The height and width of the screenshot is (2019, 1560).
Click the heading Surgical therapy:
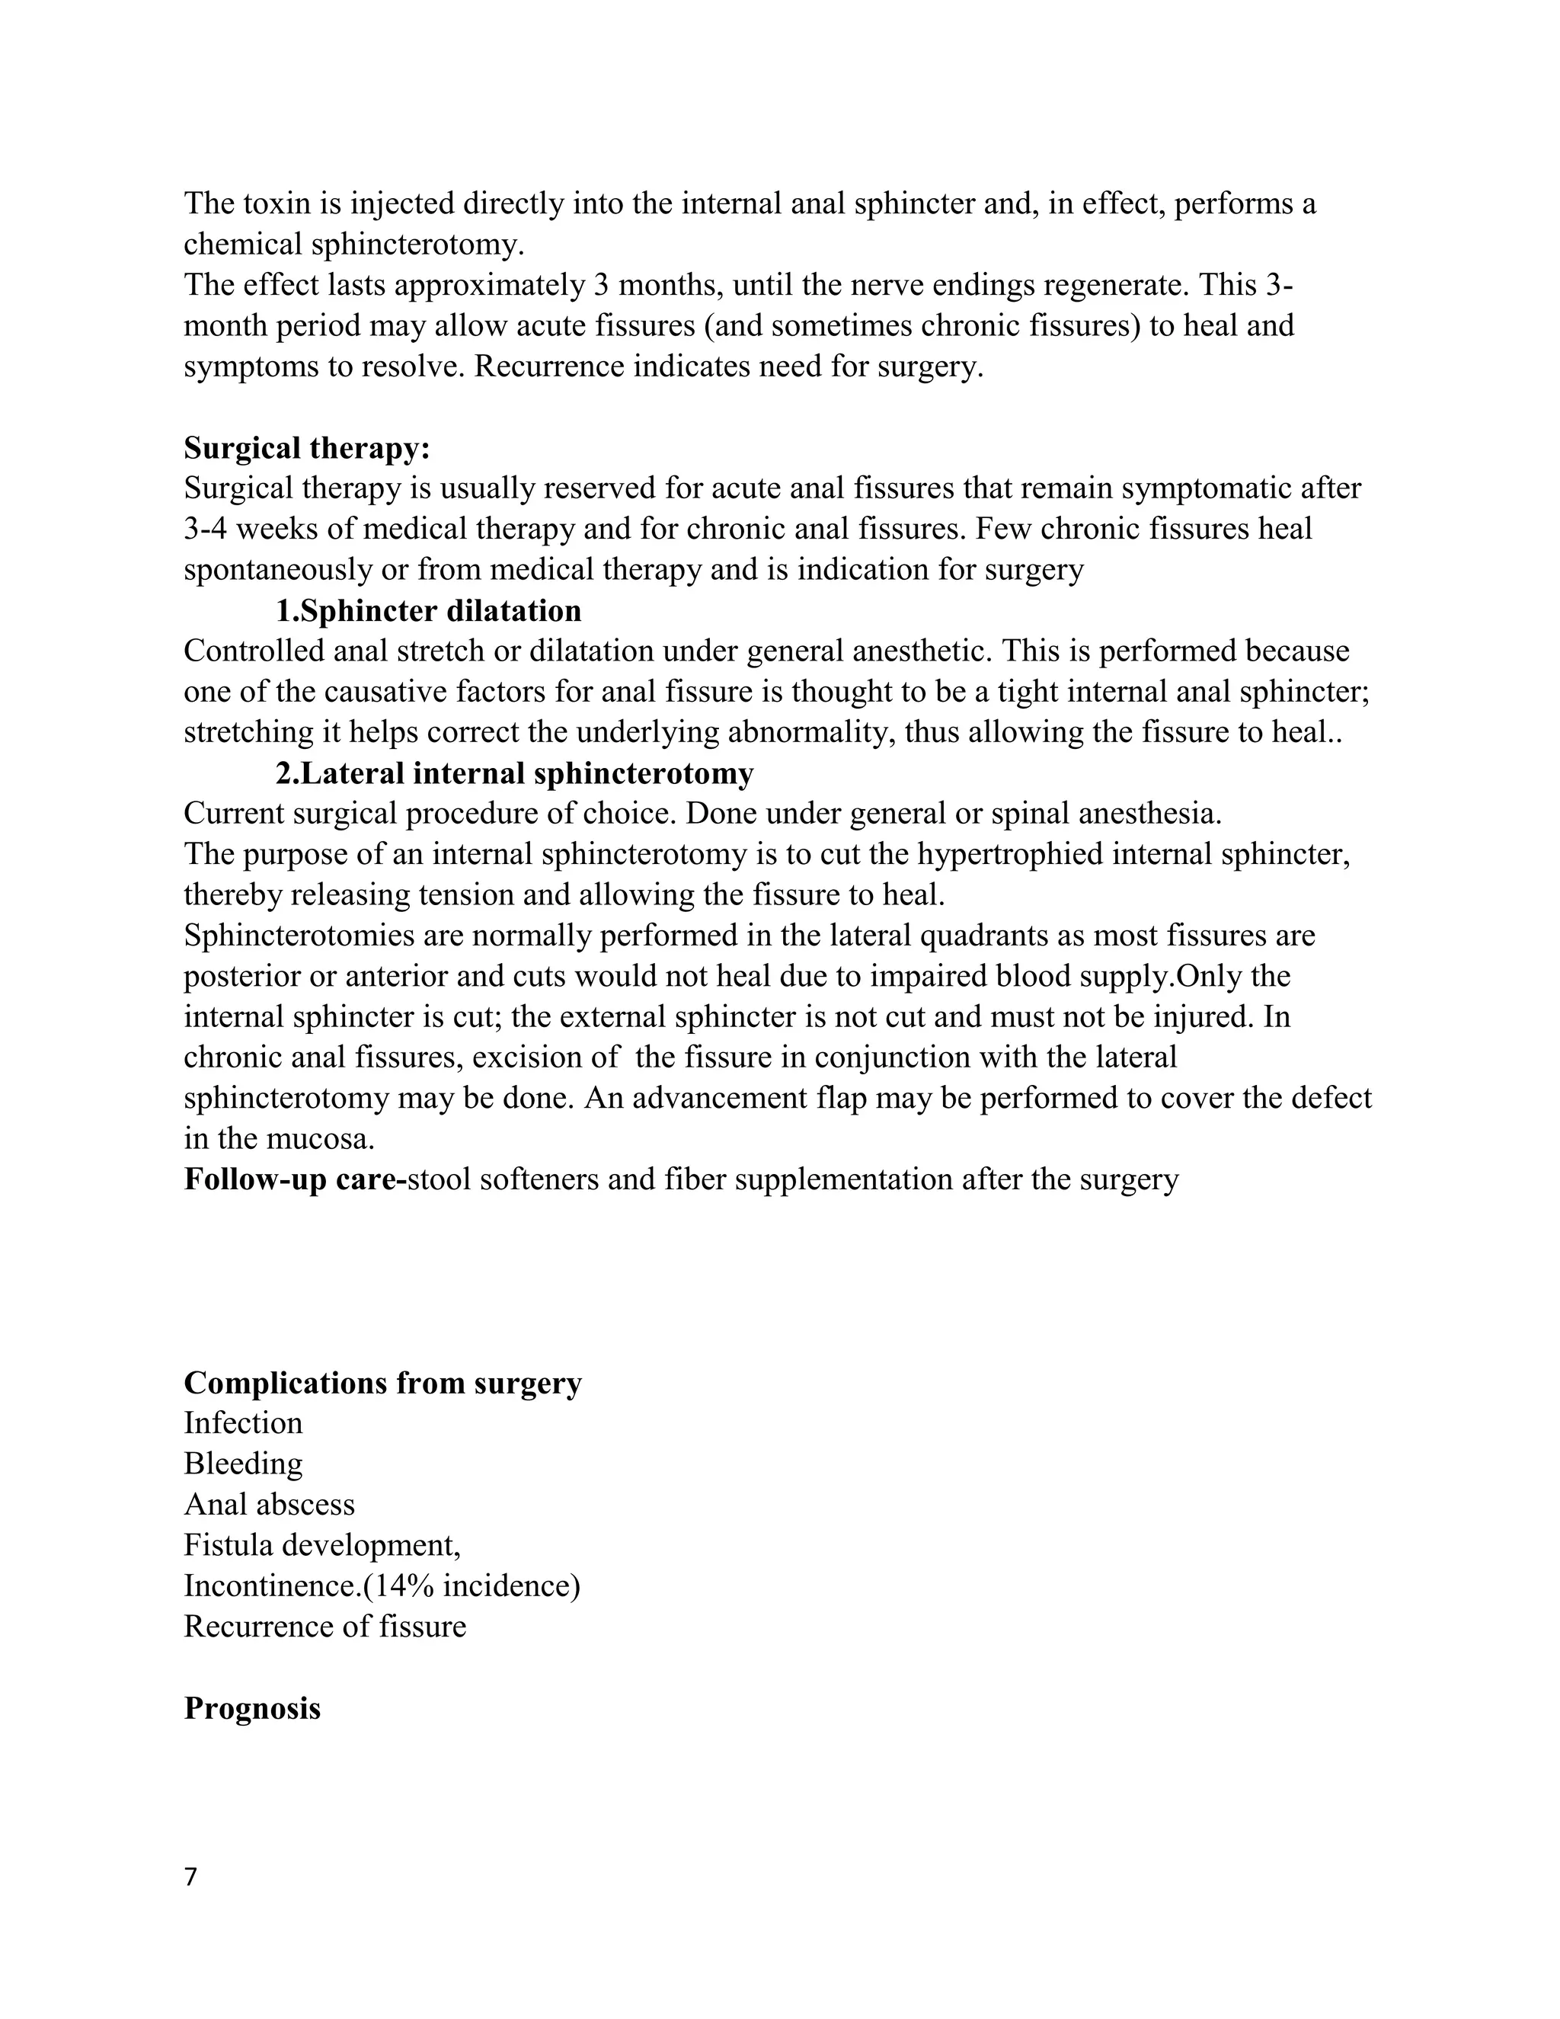click(x=307, y=448)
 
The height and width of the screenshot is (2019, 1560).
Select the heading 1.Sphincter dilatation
click(x=428, y=611)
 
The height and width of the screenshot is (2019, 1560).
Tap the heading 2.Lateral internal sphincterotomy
click(x=514, y=774)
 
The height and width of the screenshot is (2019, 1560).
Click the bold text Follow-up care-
click(x=295, y=1180)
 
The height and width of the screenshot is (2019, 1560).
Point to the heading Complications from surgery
click(x=382, y=1383)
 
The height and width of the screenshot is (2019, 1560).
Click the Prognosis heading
click(x=252, y=1708)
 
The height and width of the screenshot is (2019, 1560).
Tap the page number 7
click(x=190, y=1877)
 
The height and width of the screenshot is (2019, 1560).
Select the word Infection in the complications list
click(x=243, y=1424)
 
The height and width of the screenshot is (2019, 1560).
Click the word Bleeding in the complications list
click(x=243, y=1464)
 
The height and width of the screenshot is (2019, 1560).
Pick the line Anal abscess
click(x=269, y=1505)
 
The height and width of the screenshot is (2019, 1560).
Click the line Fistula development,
click(x=321, y=1546)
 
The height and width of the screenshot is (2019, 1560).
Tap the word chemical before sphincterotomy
click(x=243, y=245)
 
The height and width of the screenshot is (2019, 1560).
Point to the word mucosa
click(x=320, y=1140)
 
